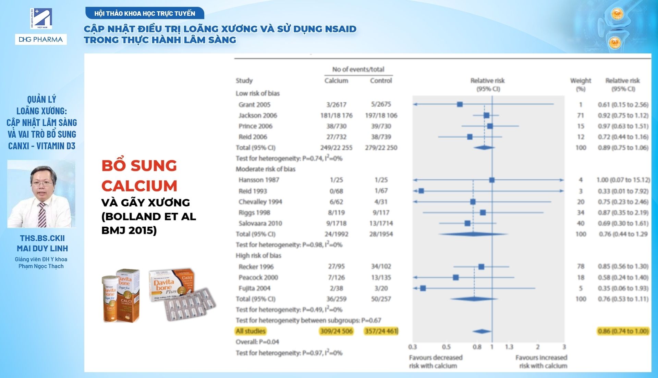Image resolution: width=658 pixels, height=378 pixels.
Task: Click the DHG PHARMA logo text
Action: pyautogui.click(x=41, y=39)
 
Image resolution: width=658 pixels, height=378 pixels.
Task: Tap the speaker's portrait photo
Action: pyautogui.click(x=41, y=194)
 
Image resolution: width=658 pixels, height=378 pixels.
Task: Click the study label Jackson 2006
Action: pyautogui.click(x=258, y=115)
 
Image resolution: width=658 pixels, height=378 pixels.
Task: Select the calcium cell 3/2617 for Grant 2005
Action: pyautogui.click(x=336, y=104)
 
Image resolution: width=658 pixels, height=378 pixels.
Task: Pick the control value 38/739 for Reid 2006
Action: pyautogui.click(x=381, y=137)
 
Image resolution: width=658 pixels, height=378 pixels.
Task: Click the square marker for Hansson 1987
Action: pyautogui.click(x=492, y=180)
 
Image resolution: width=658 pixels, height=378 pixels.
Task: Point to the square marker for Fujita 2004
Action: pyautogui.click(x=423, y=288)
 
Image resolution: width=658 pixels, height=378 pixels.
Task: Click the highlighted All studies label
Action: pyautogui.click(x=251, y=331)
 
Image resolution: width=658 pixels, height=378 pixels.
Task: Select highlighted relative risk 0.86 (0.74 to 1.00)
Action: pyautogui.click(x=623, y=331)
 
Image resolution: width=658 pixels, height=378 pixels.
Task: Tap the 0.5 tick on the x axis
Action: pyautogui.click(x=446, y=347)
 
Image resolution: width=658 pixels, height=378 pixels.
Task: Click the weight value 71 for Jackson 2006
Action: pyautogui.click(x=581, y=115)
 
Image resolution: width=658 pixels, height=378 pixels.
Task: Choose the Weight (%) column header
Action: pyautogui.click(x=581, y=85)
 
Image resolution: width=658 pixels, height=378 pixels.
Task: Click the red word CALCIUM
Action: pyautogui.click(x=139, y=186)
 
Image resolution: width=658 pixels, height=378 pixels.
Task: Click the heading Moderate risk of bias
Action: pyautogui.click(x=265, y=169)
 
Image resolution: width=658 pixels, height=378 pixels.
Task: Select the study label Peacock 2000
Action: pyautogui.click(x=258, y=277)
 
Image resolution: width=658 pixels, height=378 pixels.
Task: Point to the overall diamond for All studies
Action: pyautogui.click(x=482, y=331)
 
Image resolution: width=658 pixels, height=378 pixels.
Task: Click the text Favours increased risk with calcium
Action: pyautogui.click(x=542, y=362)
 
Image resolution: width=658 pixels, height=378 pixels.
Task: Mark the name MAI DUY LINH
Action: pyautogui.click(x=42, y=248)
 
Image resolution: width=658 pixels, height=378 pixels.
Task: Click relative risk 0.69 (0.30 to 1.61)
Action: pyautogui.click(x=623, y=223)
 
